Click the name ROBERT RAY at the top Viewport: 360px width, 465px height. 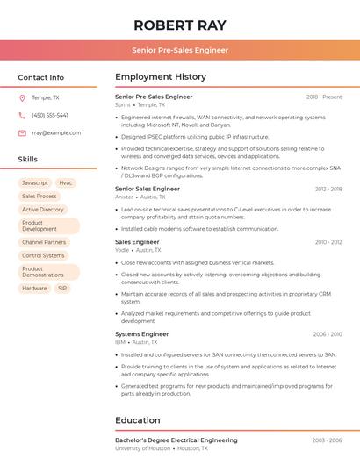(180, 25)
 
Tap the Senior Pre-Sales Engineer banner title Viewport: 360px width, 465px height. (180, 50)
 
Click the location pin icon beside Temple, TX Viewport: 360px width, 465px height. (22, 97)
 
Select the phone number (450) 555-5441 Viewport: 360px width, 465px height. (49, 115)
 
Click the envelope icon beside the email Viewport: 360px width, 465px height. (22, 132)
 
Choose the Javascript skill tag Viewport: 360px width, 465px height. (35, 183)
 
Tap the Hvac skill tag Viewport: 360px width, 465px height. (66, 183)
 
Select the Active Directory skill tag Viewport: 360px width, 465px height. (43, 210)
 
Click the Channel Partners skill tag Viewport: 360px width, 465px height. (44, 242)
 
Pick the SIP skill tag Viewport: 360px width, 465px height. (62, 288)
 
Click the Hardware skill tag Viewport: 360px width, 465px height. (34, 288)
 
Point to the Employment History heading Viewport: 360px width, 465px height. (161, 77)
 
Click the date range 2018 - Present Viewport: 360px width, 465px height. (324, 97)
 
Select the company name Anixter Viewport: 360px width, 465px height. (124, 197)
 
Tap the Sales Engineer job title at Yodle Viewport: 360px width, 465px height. (137, 241)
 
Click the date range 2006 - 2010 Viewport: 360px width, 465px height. (327, 333)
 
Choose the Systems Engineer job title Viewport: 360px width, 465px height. (141, 333)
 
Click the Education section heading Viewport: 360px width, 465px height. (138, 420)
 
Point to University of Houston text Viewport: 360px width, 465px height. (142, 448)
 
